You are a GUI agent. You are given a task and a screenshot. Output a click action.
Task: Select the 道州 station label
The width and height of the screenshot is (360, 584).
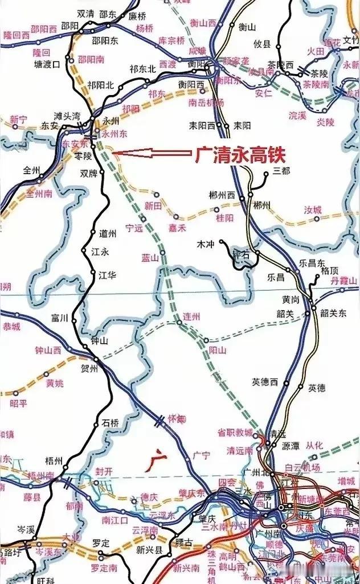click(107, 233)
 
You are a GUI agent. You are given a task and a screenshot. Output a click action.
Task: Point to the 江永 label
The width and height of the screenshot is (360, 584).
click(91, 250)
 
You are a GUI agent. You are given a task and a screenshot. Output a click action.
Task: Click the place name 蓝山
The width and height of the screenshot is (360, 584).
click(150, 258)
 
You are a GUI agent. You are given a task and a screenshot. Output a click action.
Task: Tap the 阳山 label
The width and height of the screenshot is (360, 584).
click(218, 349)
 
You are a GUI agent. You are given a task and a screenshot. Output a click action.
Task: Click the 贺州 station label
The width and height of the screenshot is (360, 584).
click(89, 369)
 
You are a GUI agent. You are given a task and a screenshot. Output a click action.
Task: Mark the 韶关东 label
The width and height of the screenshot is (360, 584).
click(333, 312)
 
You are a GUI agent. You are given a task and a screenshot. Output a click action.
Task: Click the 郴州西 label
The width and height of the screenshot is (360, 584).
click(223, 195)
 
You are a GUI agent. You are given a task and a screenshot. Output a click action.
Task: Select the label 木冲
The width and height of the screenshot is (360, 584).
click(204, 244)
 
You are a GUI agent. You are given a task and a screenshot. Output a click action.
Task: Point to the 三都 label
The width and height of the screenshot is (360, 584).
click(282, 170)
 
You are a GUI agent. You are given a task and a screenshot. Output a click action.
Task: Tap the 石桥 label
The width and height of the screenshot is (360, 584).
click(110, 423)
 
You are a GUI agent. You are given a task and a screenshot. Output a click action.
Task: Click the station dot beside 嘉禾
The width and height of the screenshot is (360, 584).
click(175, 217)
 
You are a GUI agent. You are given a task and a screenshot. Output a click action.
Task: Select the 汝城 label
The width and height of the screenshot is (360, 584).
click(313, 210)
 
